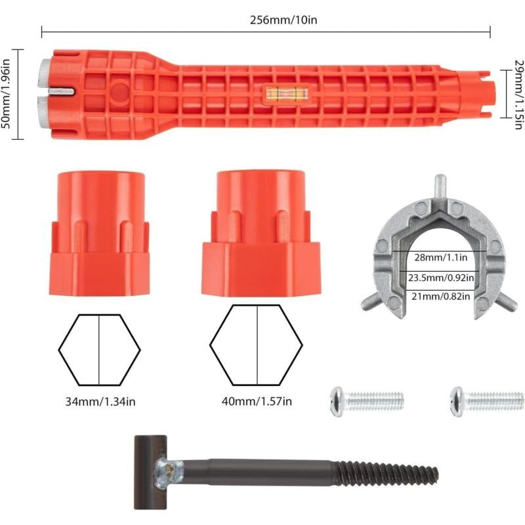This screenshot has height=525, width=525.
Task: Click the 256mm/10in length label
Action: (x=283, y=20)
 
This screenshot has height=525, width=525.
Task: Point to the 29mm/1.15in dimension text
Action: (x=518, y=94)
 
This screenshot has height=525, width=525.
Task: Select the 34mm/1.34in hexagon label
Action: (x=100, y=401)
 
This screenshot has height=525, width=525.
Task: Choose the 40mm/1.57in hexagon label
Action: (x=257, y=401)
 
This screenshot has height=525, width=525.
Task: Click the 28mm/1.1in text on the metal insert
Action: (x=440, y=257)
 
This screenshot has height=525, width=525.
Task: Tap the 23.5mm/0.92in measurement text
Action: (x=441, y=278)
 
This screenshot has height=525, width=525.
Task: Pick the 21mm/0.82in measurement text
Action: (x=440, y=297)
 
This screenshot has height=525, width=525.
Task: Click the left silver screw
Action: (x=367, y=402)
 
